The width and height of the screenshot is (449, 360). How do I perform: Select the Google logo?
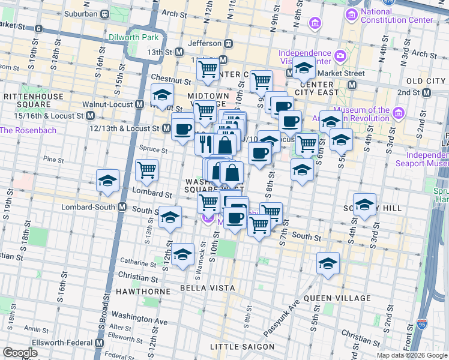[20, 353]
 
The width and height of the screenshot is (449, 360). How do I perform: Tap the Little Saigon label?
[243, 347]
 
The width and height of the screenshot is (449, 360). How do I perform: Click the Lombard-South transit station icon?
[122, 207]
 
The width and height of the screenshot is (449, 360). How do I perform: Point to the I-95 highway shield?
[423, 325]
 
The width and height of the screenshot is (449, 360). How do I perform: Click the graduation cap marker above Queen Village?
[328, 264]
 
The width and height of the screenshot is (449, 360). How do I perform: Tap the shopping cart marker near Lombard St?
[146, 170]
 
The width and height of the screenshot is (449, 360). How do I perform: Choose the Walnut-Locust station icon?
[139, 104]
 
